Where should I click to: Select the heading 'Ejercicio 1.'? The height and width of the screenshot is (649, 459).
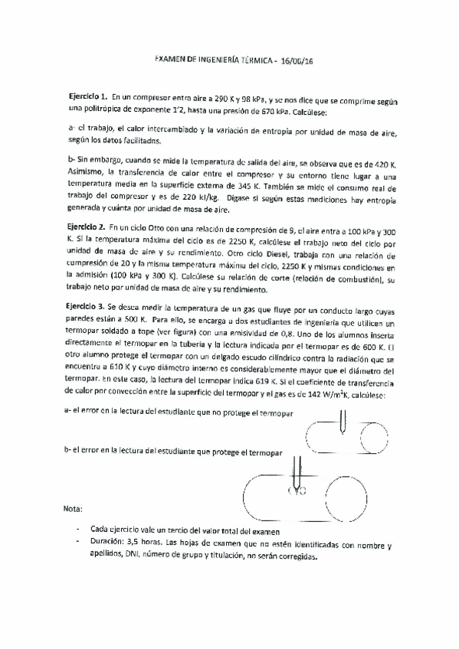tap(86, 99)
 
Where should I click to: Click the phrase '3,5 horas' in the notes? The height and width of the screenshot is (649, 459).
tap(143, 546)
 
